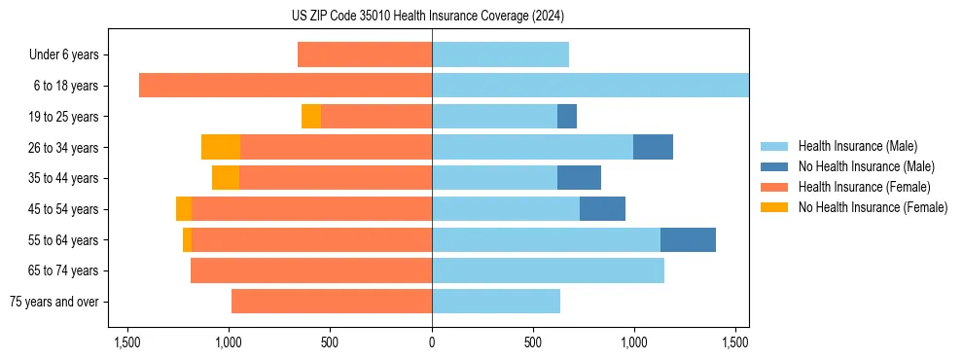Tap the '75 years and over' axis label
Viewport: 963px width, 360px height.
(x=54, y=302)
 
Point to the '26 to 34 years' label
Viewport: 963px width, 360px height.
(x=64, y=148)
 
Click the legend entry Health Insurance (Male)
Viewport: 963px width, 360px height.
(x=857, y=146)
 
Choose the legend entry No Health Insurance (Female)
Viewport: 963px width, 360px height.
(x=873, y=207)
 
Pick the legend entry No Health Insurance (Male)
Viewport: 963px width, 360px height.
(x=866, y=166)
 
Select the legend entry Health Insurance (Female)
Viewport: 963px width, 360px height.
(x=864, y=187)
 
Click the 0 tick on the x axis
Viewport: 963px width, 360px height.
(x=432, y=343)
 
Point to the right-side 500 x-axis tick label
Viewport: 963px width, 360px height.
(x=533, y=343)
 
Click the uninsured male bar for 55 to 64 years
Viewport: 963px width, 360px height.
(x=688, y=239)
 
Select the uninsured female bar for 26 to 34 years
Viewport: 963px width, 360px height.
(x=221, y=147)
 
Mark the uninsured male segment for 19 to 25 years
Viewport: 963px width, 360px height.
(x=567, y=117)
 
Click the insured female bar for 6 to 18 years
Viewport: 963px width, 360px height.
(x=285, y=86)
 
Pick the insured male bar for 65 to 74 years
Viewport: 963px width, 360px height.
(x=548, y=270)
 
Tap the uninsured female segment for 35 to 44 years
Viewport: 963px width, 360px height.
(x=226, y=178)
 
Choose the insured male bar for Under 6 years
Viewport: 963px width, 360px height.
(x=500, y=55)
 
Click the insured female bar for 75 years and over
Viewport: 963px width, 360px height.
(x=332, y=302)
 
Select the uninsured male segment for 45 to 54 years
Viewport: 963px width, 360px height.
(x=602, y=209)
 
